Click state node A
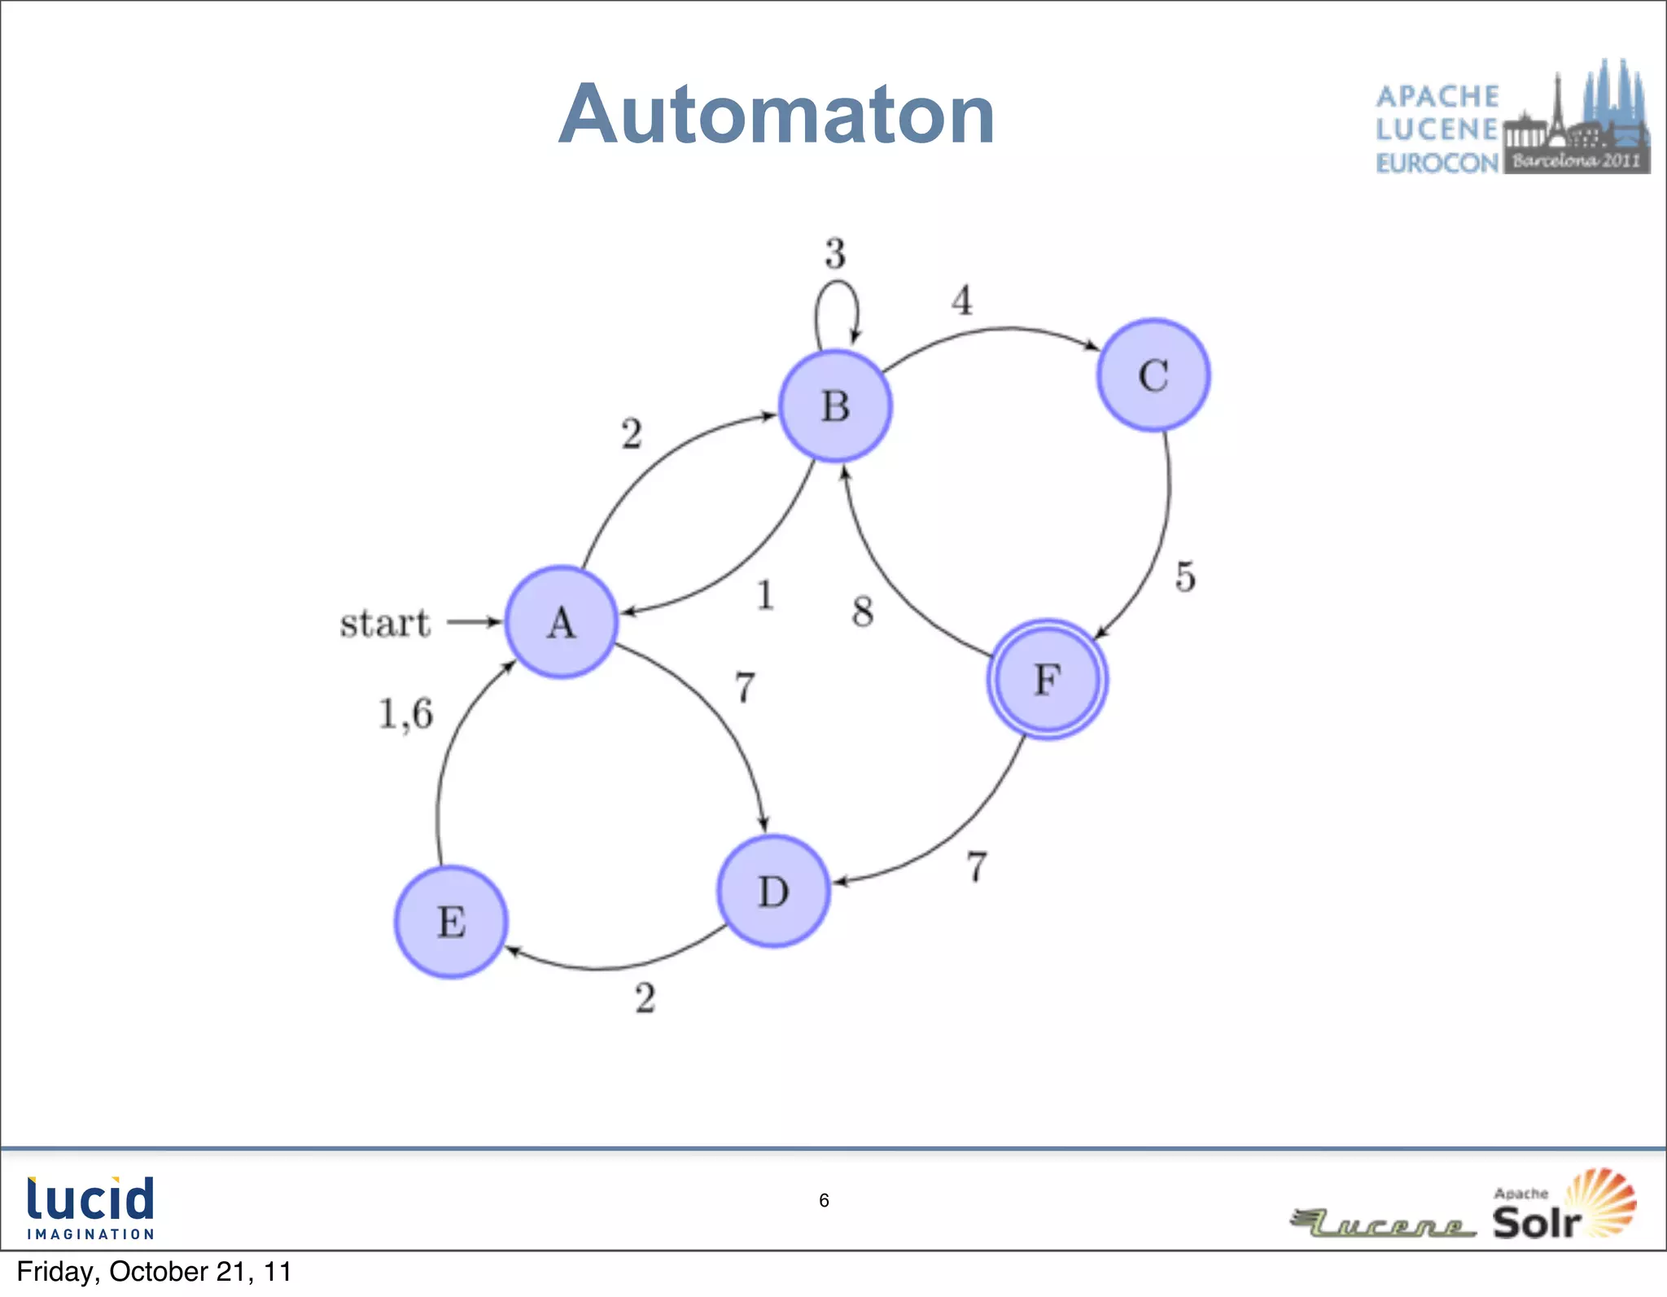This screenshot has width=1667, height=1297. click(561, 622)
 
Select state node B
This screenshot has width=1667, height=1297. click(835, 406)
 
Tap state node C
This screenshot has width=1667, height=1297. click(1153, 375)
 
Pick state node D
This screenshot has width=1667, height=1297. click(773, 891)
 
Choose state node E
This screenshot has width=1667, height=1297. click(451, 922)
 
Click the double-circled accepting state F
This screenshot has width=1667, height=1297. click(1047, 679)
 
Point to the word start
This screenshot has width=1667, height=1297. click(384, 624)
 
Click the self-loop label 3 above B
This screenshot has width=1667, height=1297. click(835, 253)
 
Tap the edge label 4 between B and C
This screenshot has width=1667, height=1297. click(962, 300)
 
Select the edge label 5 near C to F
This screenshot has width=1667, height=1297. click(1185, 576)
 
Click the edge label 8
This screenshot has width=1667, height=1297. click(863, 611)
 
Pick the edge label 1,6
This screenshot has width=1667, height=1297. click(406, 714)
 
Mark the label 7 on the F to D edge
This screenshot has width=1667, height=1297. click(977, 866)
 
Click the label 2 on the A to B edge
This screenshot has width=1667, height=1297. click(632, 433)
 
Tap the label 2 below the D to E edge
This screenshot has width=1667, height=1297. click(645, 997)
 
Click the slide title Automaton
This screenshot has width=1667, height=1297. click(777, 115)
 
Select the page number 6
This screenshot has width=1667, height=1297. click(824, 1200)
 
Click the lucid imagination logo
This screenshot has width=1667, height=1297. click(90, 1207)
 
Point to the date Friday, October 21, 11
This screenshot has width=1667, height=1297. click(154, 1272)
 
